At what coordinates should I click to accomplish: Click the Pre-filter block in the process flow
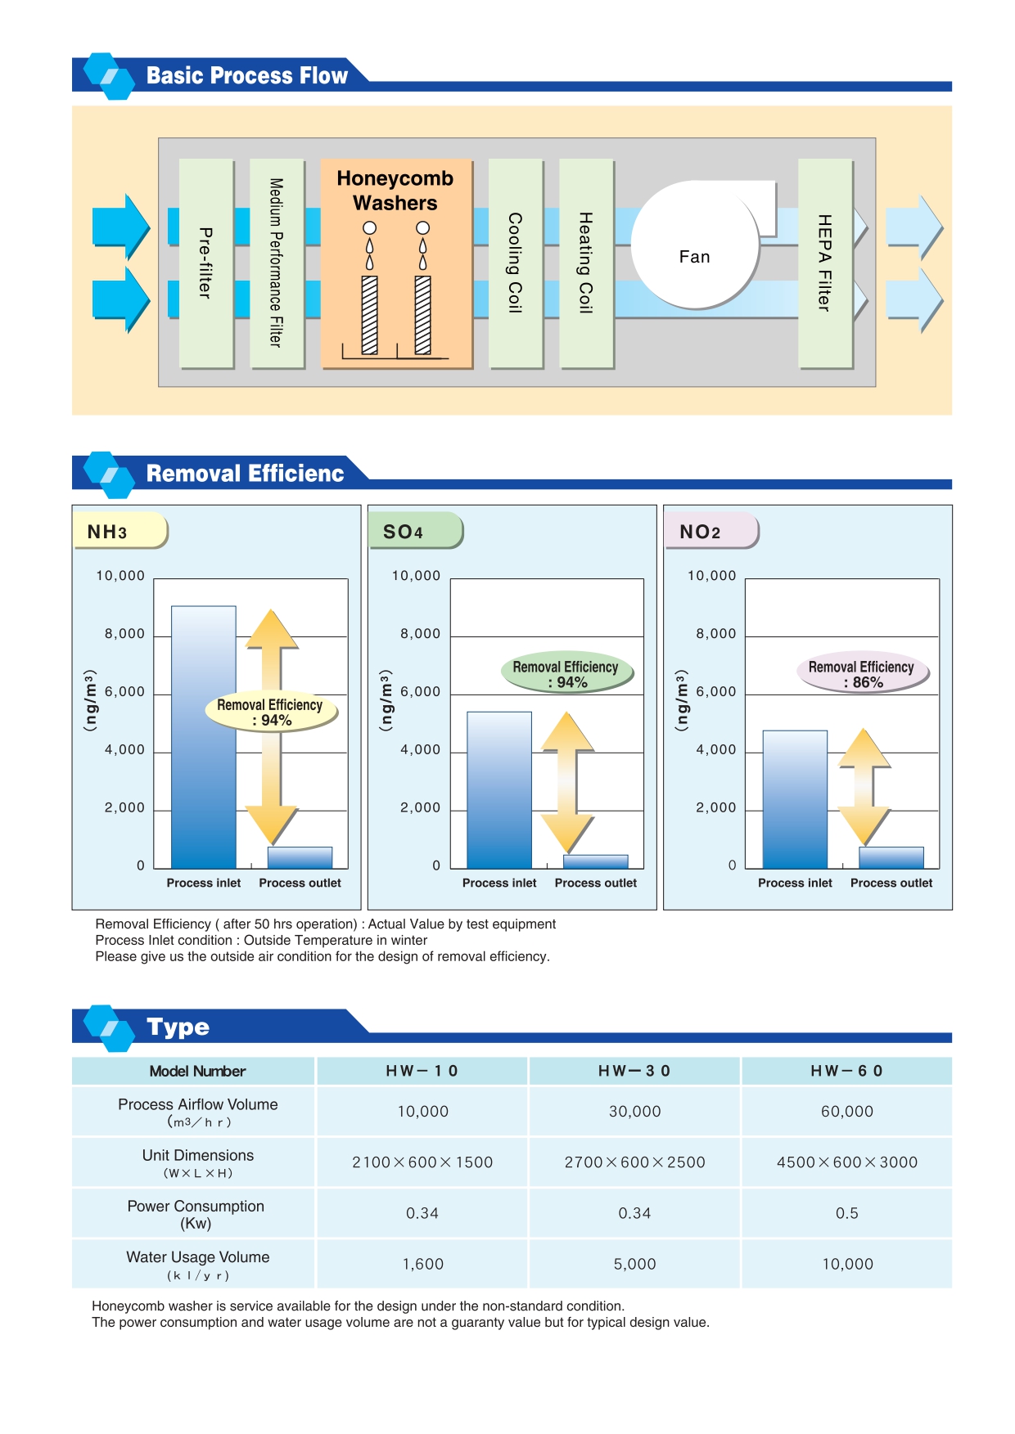(x=206, y=263)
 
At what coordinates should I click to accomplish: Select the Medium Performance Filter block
(x=277, y=263)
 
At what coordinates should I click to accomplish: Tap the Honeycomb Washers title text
(x=395, y=191)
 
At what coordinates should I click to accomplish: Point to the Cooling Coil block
(x=516, y=263)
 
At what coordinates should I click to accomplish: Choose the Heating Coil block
(x=586, y=263)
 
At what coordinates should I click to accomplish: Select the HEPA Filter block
(x=825, y=263)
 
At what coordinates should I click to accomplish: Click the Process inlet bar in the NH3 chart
(x=204, y=736)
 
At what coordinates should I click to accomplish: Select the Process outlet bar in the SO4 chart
(x=596, y=861)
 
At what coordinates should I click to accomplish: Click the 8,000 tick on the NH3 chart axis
(x=124, y=634)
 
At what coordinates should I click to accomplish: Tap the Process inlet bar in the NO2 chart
(x=795, y=799)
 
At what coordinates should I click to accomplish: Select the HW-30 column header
(x=634, y=1071)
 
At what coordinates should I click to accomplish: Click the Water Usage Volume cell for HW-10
(x=422, y=1264)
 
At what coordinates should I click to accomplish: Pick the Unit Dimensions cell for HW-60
(x=847, y=1162)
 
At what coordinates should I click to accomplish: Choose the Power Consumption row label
(x=196, y=1214)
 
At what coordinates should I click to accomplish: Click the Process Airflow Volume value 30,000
(x=634, y=1112)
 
